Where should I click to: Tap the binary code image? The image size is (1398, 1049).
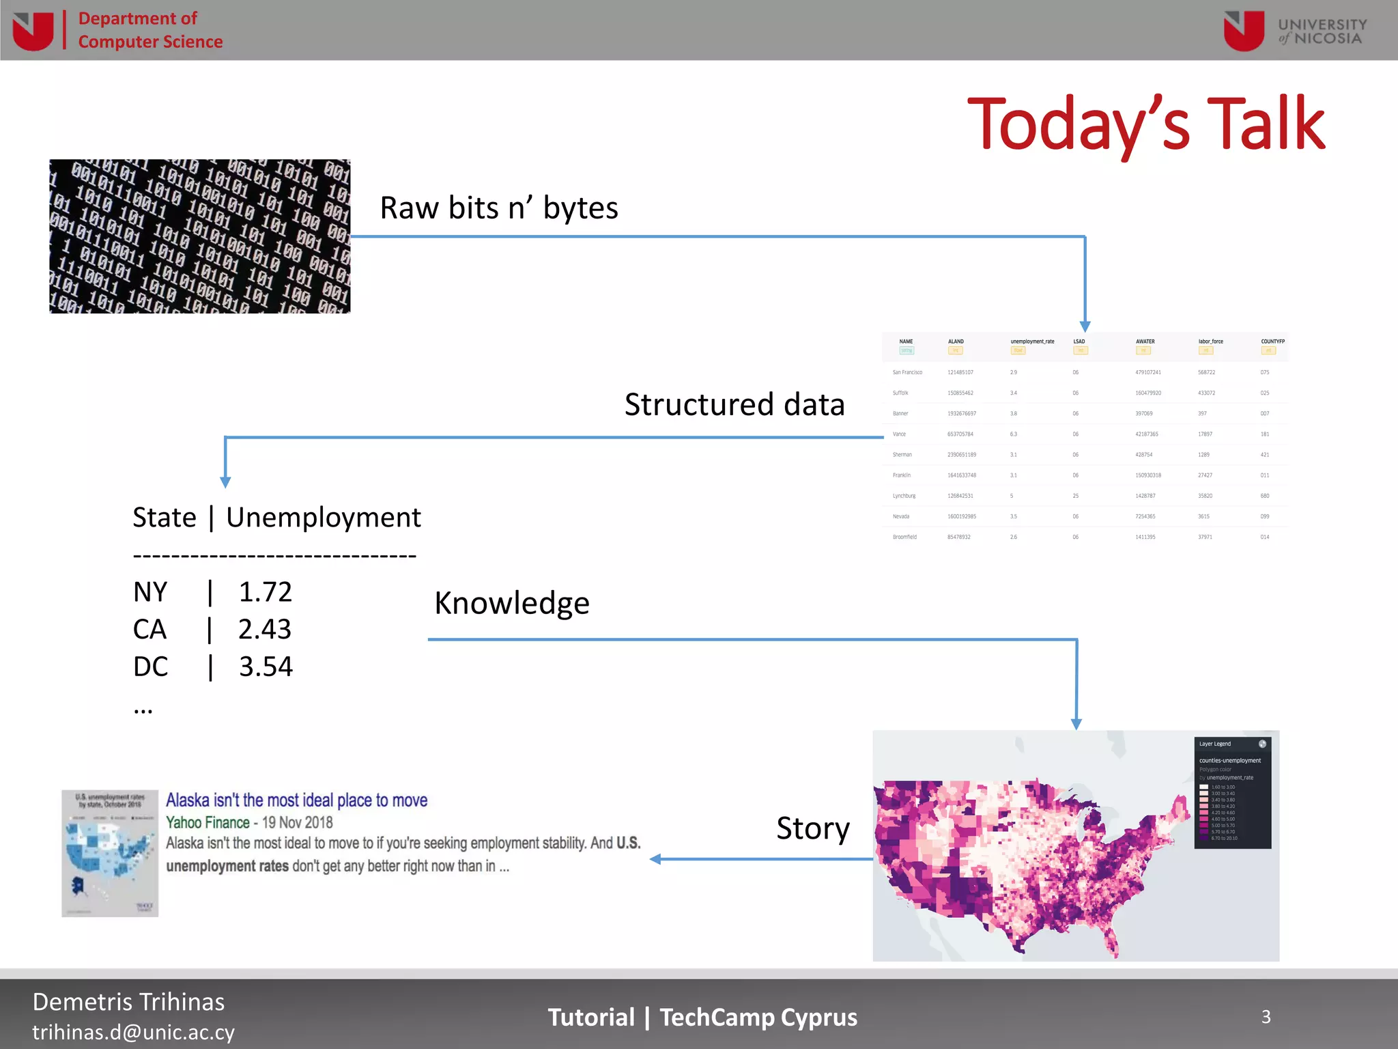[x=199, y=236]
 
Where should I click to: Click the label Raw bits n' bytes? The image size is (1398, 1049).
[x=499, y=208]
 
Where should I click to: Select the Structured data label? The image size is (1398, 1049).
[x=734, y=404]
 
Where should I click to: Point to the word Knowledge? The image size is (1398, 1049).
[x=512, y=603]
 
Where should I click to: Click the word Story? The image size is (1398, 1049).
[x=812, y=828]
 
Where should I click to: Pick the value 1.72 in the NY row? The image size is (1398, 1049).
[x=265, y=592]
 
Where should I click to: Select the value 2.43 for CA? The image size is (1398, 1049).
[x=265, y=629]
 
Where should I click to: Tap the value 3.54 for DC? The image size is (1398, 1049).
[x=266, y=667]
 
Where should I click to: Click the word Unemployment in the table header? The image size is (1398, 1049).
[x=324, y=518]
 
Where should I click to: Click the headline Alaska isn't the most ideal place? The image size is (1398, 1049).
[x=297, y=800]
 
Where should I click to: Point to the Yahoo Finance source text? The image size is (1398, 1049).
[x=208, y=822]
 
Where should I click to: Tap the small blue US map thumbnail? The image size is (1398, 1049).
[x=110, y=853]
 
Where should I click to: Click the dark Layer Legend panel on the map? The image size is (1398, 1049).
[x=1232, y=792]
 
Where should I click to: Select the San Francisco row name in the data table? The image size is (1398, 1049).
[x=907, y=372]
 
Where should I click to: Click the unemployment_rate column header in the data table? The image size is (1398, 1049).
[x=1032, y=341]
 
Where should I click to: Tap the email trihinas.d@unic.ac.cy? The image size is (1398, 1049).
[x=134, y=1032]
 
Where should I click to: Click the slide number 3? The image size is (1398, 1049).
[x=1266, y=1017]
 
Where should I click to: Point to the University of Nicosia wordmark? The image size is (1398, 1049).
[x=1322, y=31]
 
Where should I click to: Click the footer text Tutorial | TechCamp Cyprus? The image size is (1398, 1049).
[x=702, y=1018]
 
